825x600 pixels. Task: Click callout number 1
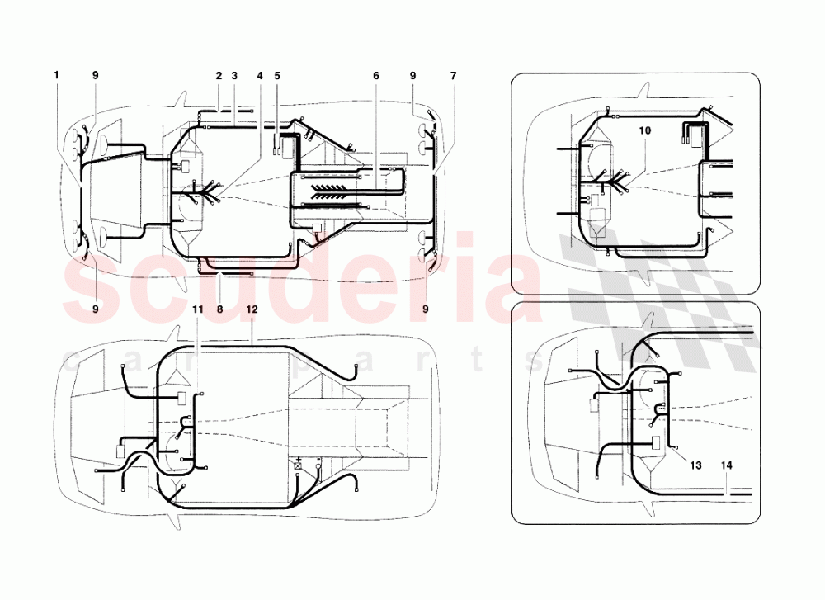(57, 76)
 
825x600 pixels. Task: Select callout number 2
(219, 76)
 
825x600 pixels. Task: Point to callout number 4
(260, 76)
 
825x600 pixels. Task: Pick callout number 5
(277, 76)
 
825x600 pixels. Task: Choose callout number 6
(376, 76)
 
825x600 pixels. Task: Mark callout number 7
(453, 76)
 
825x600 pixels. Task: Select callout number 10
(644, 130)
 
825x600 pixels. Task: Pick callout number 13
(695, 465)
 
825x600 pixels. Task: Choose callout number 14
(727, 465)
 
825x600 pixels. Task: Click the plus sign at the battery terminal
(298, 458)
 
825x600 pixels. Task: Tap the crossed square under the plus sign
(298, 468)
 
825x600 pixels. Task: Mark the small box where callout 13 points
(658, 441)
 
